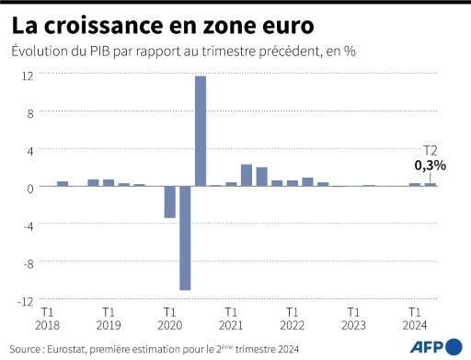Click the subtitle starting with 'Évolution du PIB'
pos(183,51)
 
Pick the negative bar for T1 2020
pos(169,202)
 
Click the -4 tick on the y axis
pos(29,225)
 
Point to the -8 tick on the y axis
pos(29,262)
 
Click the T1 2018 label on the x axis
pos(47,318)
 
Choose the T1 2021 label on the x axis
pos(231,318)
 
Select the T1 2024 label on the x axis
pos(415,318)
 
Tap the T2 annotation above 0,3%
pos(430,150)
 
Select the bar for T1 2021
pos(231,184)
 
